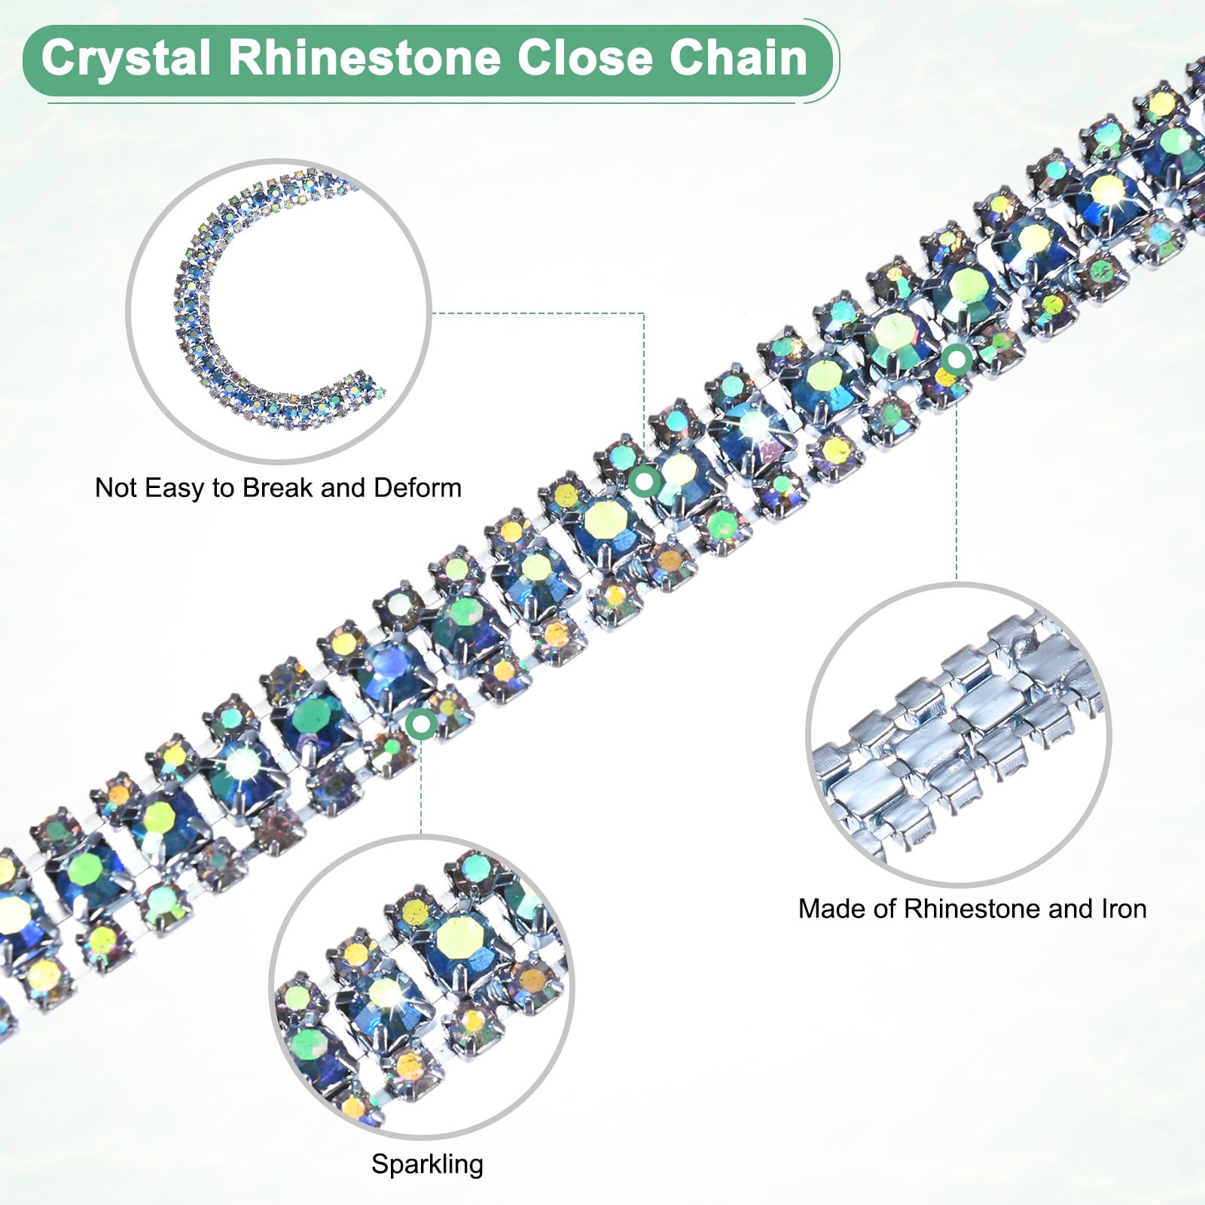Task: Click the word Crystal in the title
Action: point(126,59)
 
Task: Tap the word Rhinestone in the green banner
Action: point(364,59)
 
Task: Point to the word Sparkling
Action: point(427,1164)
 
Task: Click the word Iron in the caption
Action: point(1124,909)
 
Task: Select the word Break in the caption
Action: point(278,488)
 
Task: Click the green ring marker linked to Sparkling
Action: point(421,725)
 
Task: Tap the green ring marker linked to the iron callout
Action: point(956,360)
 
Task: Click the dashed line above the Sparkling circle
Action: point(421,783)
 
